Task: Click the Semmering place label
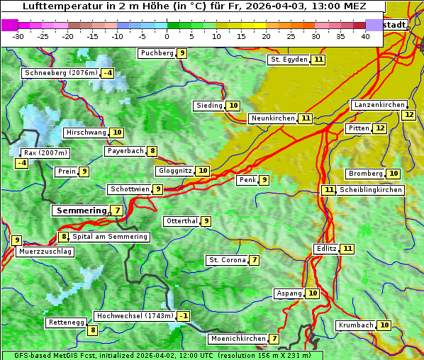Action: pos(79,210)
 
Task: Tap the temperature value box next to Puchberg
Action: pos(182,53)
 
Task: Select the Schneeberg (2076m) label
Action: pos(60,73)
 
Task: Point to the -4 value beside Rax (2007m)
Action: pos(22,163)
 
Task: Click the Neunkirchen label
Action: pos(272,118)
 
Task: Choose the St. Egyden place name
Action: pos(289,60)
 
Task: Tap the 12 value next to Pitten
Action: pos(380,128)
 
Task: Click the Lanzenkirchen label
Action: pos(379,105)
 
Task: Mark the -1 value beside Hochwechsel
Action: pos(184,316)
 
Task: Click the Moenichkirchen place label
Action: pos(239,339)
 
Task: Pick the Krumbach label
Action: pos(355,325)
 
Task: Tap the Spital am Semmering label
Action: pos(110,237)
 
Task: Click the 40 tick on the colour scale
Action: pos(365,36)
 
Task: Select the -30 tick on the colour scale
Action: pos(18,36)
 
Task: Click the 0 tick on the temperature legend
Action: pos(167,36)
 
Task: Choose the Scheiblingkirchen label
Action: pos(371,190)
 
